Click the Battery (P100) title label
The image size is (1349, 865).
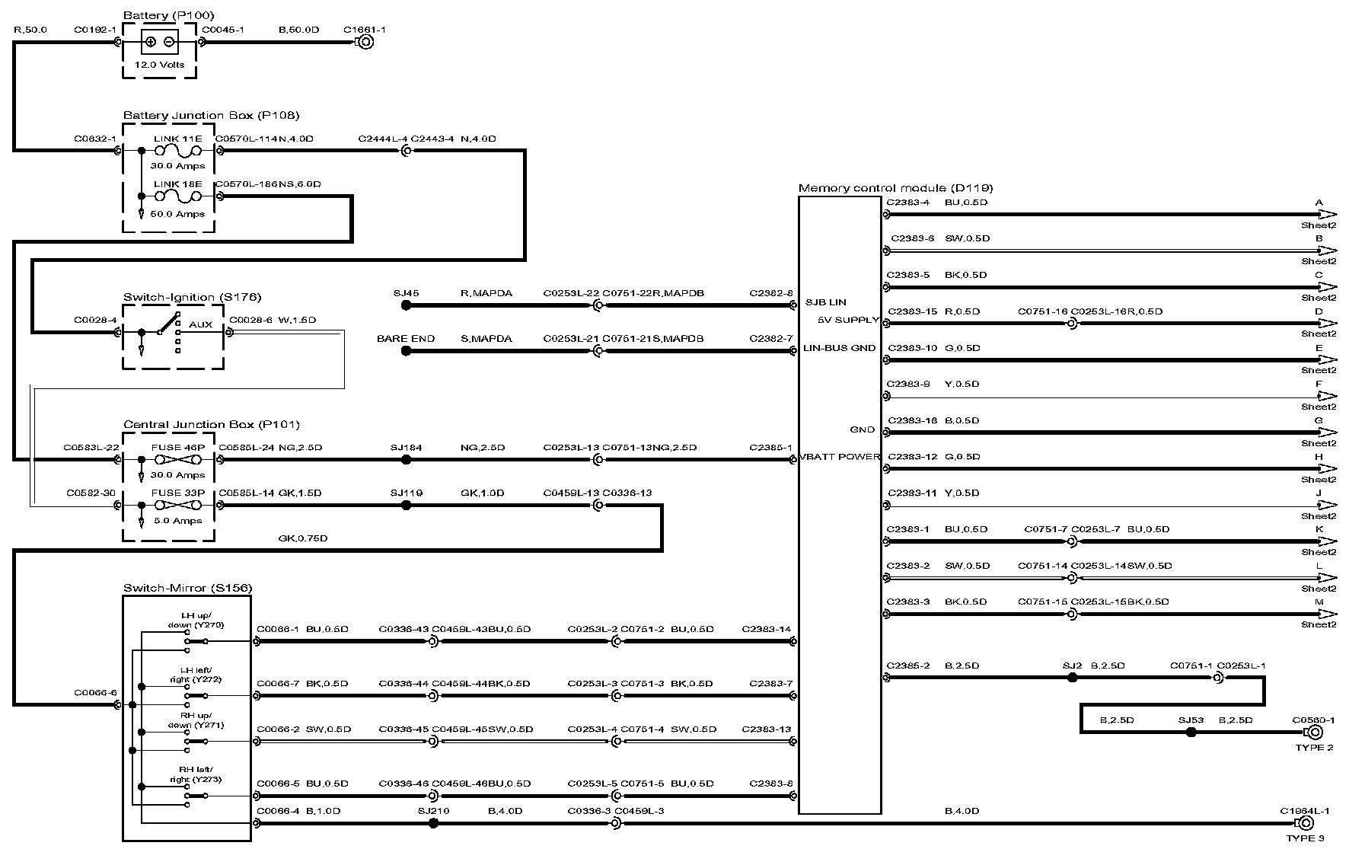tap(168, 15)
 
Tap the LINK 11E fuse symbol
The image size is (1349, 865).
tap(177, 152)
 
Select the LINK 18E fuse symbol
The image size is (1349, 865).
tap(177, 196)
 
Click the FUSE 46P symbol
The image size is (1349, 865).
tap(177, 460)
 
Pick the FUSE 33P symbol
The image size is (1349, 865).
tap(177, 505)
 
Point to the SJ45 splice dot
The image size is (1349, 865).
tap(406, 305)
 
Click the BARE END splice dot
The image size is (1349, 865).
tap(406, 351)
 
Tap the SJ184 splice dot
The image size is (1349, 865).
tap(406, 460)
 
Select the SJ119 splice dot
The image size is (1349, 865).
tap(406, 505)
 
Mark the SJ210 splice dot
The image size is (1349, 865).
tap(433, 823)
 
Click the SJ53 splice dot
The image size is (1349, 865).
tap(1191, 733)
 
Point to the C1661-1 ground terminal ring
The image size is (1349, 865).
tap(365, 43)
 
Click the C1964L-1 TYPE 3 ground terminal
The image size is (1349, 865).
tap(1314, 824)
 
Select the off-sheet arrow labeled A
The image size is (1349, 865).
tap(1327, 215)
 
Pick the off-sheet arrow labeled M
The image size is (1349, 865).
tap(1327, 614)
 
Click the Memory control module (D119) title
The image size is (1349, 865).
tap(895, 188)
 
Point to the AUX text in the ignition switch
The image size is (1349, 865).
tap(201, 324)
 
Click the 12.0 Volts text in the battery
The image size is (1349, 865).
tap(159, 65)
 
